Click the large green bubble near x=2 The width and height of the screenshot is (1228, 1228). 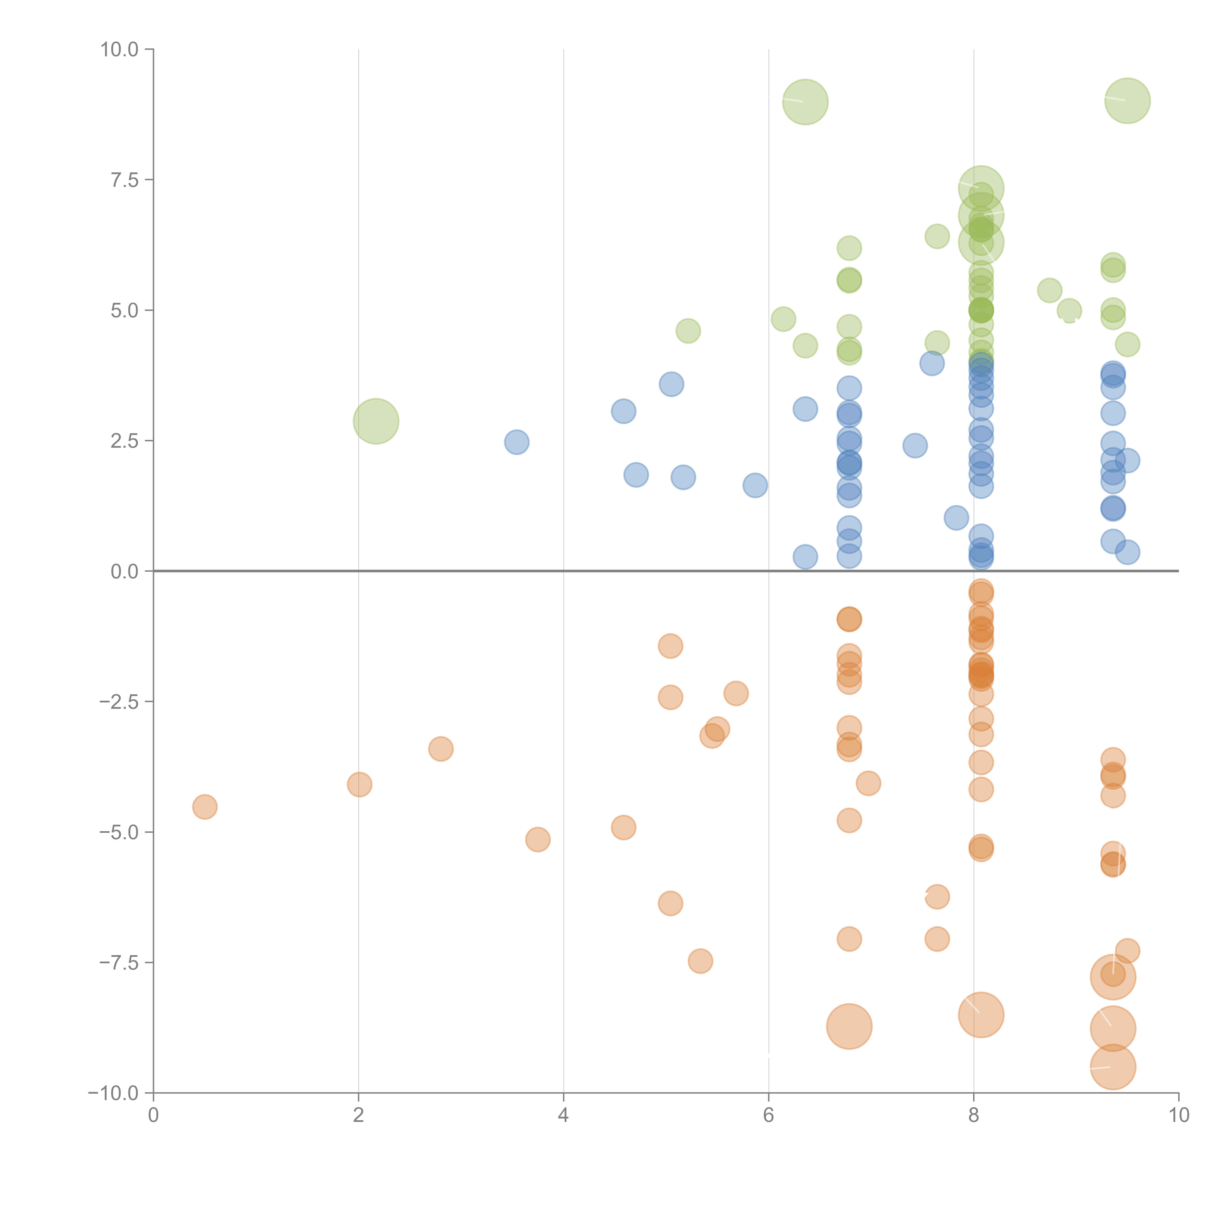coord(376,421)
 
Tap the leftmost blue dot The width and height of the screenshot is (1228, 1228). coord(517,442)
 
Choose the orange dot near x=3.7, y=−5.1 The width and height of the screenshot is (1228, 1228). coord(538,840)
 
